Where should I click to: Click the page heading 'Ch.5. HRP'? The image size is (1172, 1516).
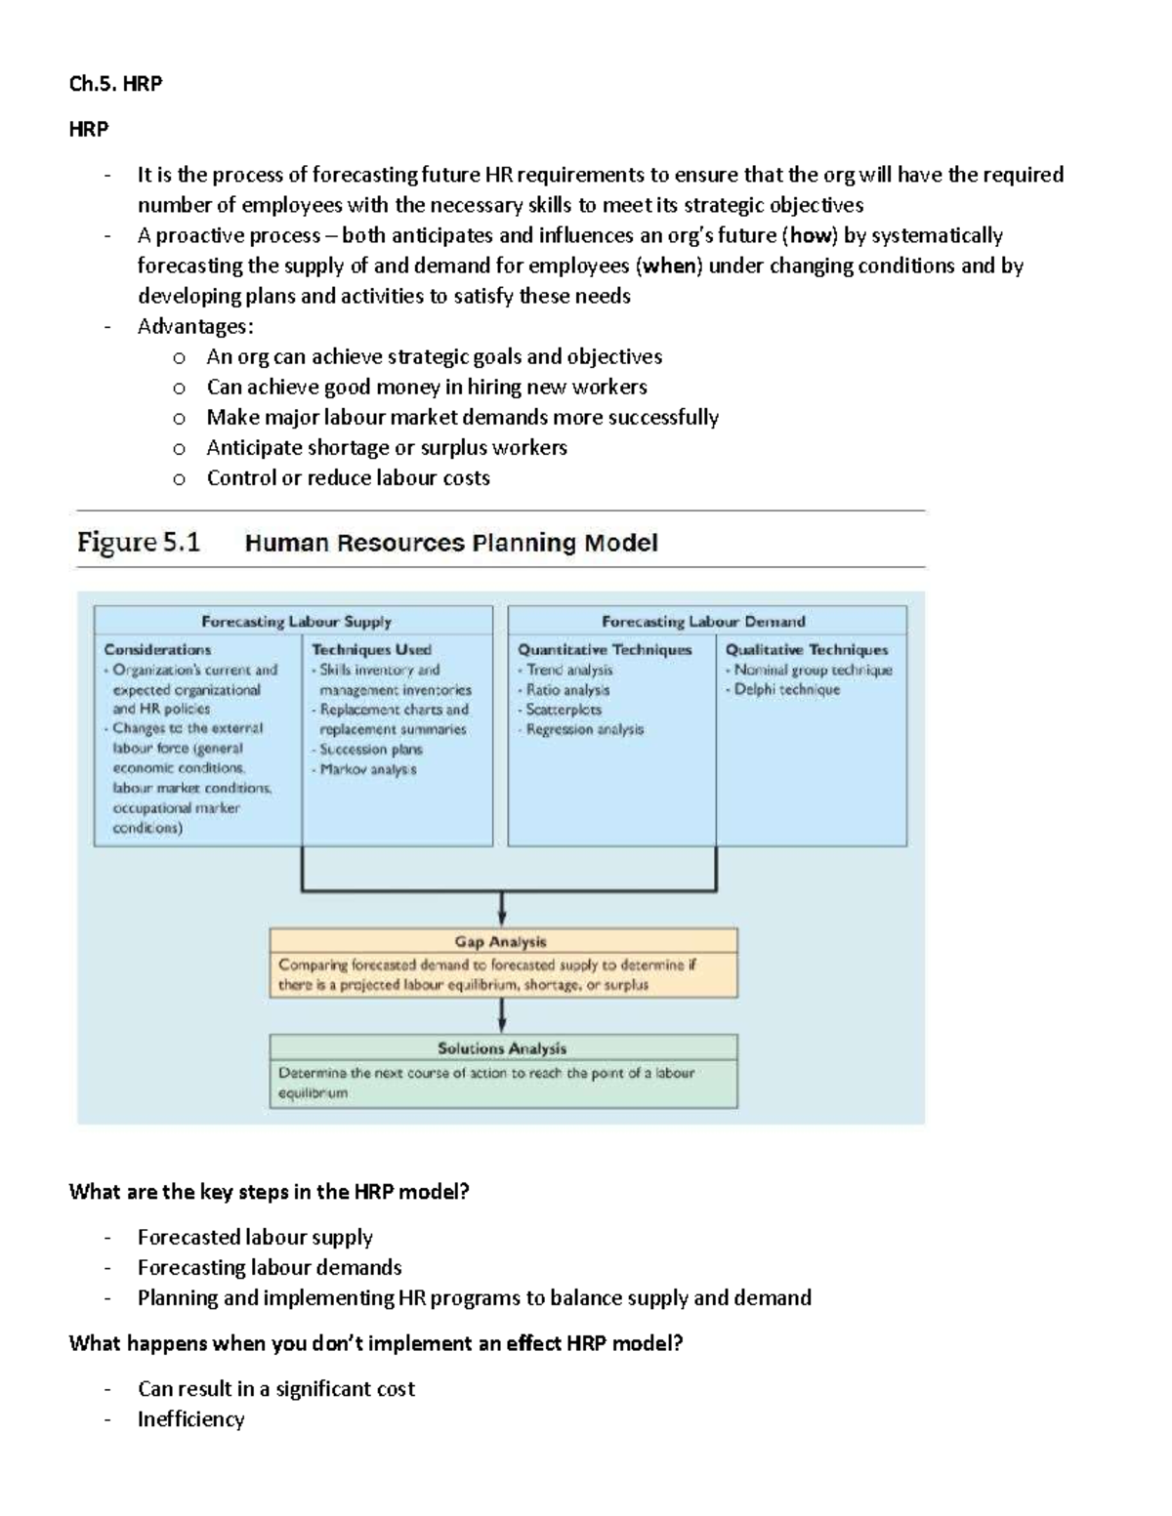pyautogui.click(x=115, y=84)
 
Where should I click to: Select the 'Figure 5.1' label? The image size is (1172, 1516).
pyautogui.click(x=139, y=543)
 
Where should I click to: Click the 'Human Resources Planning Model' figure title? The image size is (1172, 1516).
pyautogui.click(x=450, y=543)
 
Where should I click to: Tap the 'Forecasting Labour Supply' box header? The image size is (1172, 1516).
pyautogui.click(x=296, y=621)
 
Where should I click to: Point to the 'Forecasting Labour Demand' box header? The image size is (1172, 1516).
pyautogui.click(x=703, y=621)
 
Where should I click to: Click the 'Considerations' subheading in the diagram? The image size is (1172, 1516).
pyautogui.click(x=157, y=649)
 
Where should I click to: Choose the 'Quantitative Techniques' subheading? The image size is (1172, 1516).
pyautogui.click(x=605, y=649)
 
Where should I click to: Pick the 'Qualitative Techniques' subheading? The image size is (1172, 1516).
pyautogui.click(x=807, y=649)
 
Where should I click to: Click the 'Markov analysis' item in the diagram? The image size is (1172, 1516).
pyautogui.click(x=368, y=769)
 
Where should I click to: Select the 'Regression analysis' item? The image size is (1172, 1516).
pyautogui.click(x=584, y=729)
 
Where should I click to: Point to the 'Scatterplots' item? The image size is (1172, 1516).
pyautogui.click(x=564, y=710)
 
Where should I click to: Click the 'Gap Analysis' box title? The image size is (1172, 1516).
pyautogui.click(x=500, y=941)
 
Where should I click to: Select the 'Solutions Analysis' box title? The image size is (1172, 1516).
pyautogui.click(x=502, y=1047)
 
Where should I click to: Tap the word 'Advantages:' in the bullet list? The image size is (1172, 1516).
pyautogui.click(x=195, y=326)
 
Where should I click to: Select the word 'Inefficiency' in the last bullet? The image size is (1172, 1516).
pyautogui.click(x=190, y=1418)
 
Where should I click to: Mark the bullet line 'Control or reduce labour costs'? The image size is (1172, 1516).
pyautogui.click(x=348, y=477)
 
